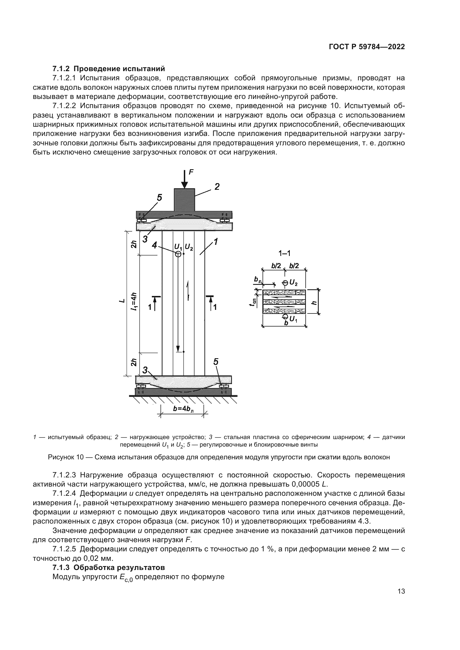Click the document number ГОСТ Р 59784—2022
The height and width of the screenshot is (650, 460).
pos(367,47)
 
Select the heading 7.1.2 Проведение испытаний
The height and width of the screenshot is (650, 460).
pos(108,69)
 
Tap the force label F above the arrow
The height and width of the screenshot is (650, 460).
pos(191,172)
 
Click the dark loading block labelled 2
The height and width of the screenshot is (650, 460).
pos(184,199)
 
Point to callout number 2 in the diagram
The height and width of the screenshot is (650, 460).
pos(217,187)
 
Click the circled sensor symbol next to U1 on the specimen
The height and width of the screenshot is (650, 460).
pos(178,254)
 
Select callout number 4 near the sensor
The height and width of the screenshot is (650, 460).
pos(154,245)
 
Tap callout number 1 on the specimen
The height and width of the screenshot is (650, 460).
pos(215,242)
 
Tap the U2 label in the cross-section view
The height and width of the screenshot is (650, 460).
pos(293,283)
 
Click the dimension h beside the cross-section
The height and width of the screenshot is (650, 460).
pos(313,302)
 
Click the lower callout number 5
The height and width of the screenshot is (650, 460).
pos(216,362)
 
